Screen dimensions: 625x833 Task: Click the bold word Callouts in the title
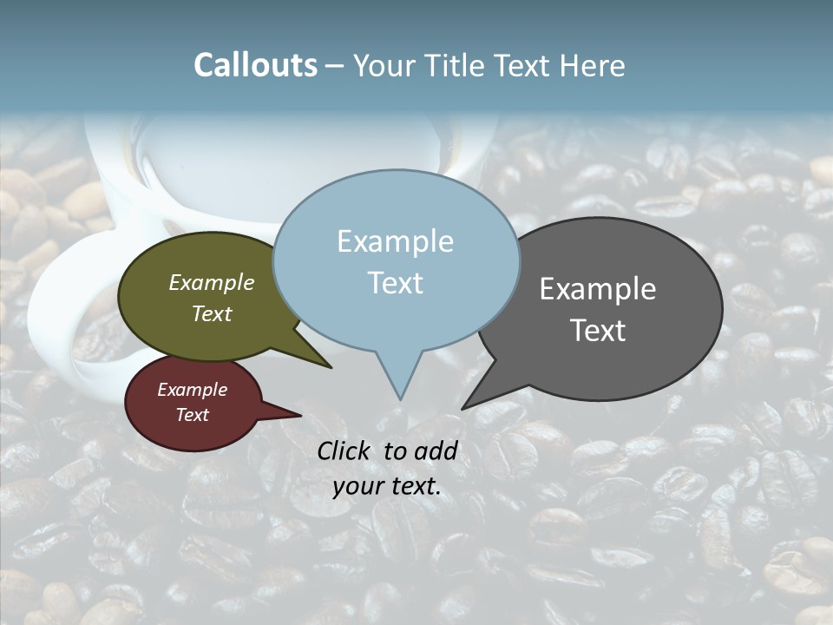tap(255, 65)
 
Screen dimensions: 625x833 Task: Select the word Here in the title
tap(593, 65)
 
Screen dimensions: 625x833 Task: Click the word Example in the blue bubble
tap(395, 241)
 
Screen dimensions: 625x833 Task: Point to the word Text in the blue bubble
tap(395, 283)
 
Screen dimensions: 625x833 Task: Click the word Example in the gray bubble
tap(598, 289)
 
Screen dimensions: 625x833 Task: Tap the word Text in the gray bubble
tap(598, 331)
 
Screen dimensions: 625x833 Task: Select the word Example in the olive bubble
tap(212, 282)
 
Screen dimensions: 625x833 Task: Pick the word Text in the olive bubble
tap(212, 313)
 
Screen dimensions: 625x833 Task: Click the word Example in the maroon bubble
tap(192, 390)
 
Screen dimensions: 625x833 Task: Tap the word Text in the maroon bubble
tap(192, 415)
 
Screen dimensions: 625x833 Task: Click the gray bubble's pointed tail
tap(482, 391)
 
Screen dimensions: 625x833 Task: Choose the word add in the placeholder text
tap(436, 451)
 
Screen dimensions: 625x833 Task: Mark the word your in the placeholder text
tap(357, 486)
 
